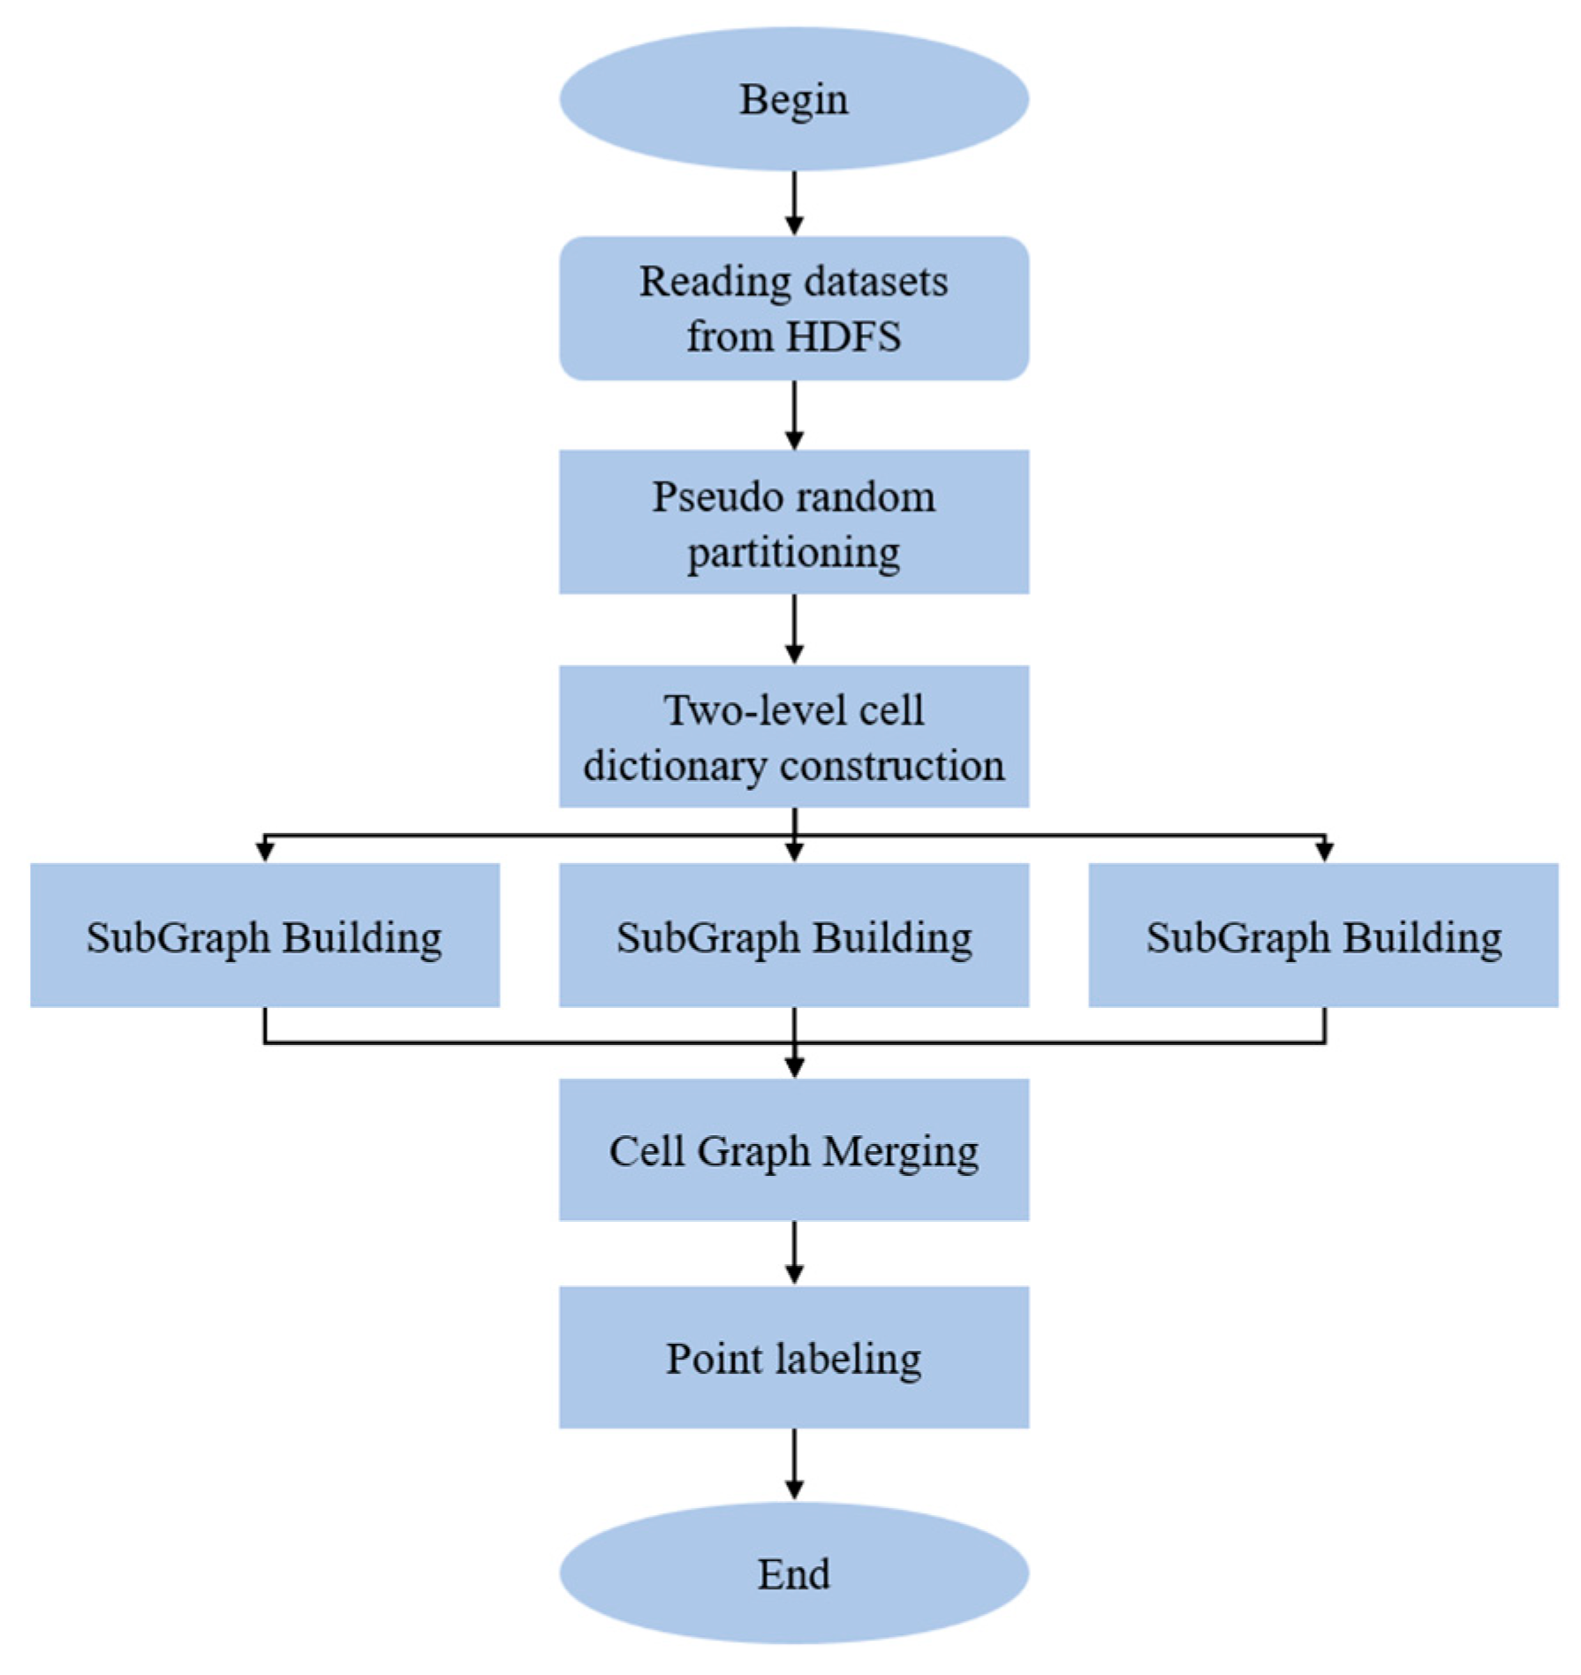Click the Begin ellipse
point(793,99)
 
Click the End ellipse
point(793,1573)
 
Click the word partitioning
point(793,554)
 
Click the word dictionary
point(675,766)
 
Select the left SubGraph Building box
point(264,935)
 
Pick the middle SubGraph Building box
point(793,935)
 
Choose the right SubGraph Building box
point(1323,935)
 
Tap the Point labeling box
point(793,1358)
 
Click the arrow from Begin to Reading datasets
point(794,202)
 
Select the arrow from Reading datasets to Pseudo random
point(794,414)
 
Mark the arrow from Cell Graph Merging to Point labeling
point(794,1252)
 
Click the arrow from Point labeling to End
point(794,1464)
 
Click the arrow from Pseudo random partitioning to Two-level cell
point(794,628)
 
